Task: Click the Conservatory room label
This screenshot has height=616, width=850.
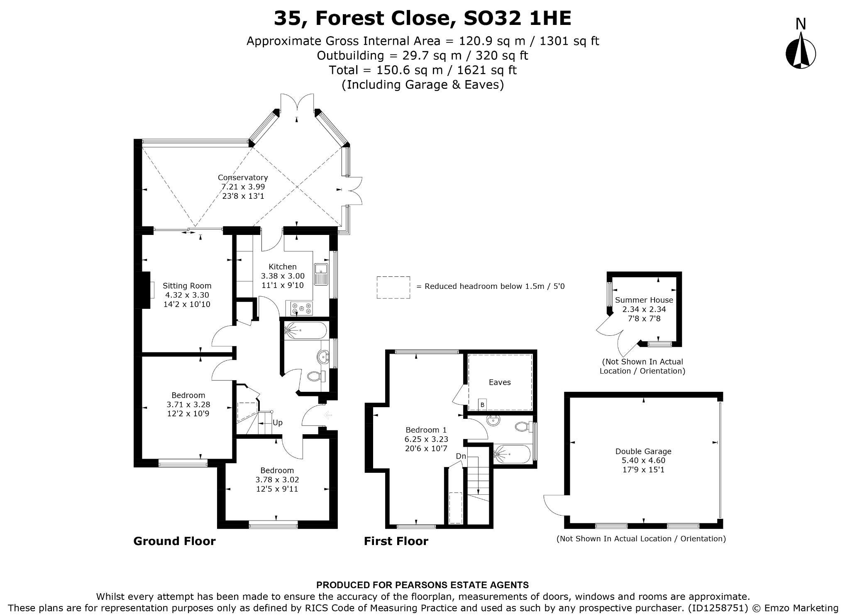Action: [x=243, y=178]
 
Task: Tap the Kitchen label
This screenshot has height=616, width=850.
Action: [x=283, y=266]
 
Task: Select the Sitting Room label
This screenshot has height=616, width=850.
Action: [x=187, y=286]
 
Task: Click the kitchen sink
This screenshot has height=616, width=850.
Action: [x=321, y=274]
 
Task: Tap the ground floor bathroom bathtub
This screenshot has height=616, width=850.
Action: [x=305, y=330]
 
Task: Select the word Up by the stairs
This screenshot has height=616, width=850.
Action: [x=278, y=423]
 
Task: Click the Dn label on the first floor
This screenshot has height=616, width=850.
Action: [x=461, y=456]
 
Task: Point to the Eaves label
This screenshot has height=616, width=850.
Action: [x=500, y=382]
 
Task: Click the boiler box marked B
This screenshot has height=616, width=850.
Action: [x=482, y=404]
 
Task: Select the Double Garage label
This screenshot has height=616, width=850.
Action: [x=643, y=451]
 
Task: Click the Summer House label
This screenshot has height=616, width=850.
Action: [x=644, y=300]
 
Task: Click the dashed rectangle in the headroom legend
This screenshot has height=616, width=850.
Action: [x=393, y=287]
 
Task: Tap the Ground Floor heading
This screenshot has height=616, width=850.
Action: [x=174, y=541]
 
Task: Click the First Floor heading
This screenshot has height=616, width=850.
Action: [x=396, y=541]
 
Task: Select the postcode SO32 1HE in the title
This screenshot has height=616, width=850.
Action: [x=517, y=18]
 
